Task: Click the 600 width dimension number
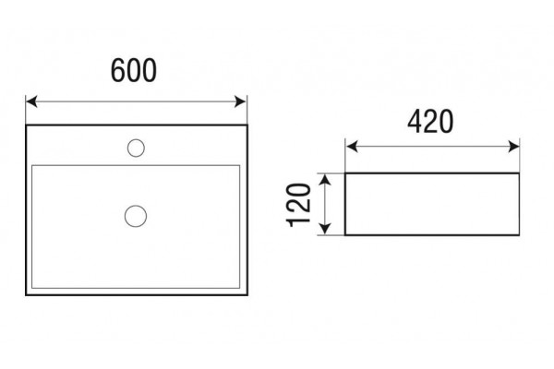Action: click(134, 71)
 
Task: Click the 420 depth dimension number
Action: click(430, 122)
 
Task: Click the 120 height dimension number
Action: click(299, 205)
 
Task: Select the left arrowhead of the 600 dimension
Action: click(31, 101)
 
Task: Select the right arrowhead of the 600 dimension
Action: click(240, 101)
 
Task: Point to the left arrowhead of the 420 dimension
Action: click(352, 146)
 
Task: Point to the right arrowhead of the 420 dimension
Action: click(513, 146)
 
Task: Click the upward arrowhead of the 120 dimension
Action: click(325, 180)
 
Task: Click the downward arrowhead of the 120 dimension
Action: click(325, 229)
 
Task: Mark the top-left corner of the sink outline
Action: click(26, 125)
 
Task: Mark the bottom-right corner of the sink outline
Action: click(247, 294)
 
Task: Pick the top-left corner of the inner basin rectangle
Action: click(32, 165)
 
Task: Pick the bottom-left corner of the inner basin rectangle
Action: click(32, 288)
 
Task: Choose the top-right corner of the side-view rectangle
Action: click(519, 173)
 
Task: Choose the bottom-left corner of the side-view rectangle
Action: click(345, 235)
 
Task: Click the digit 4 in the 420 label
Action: click(415, 122)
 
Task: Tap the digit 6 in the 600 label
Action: click(118, 71)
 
